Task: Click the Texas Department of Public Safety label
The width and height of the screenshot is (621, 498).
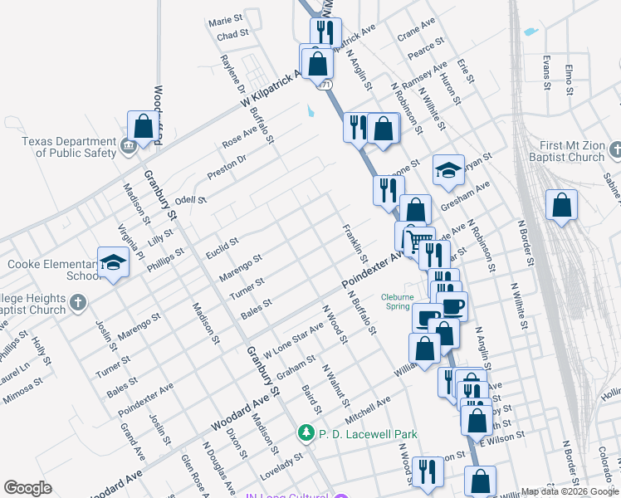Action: tap(69, 147)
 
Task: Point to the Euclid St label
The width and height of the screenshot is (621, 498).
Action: tap(222, 245)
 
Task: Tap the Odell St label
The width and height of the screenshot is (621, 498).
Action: tap(190, 200)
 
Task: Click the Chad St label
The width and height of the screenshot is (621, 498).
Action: tap(232, 36)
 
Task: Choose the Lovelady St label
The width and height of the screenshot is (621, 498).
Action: tap(284, 461)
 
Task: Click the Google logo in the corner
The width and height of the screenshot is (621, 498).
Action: tap(27, 488)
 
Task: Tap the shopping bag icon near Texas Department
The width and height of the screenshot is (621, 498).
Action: tap(144, 126)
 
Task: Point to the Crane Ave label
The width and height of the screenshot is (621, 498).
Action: tap(416, 32)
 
